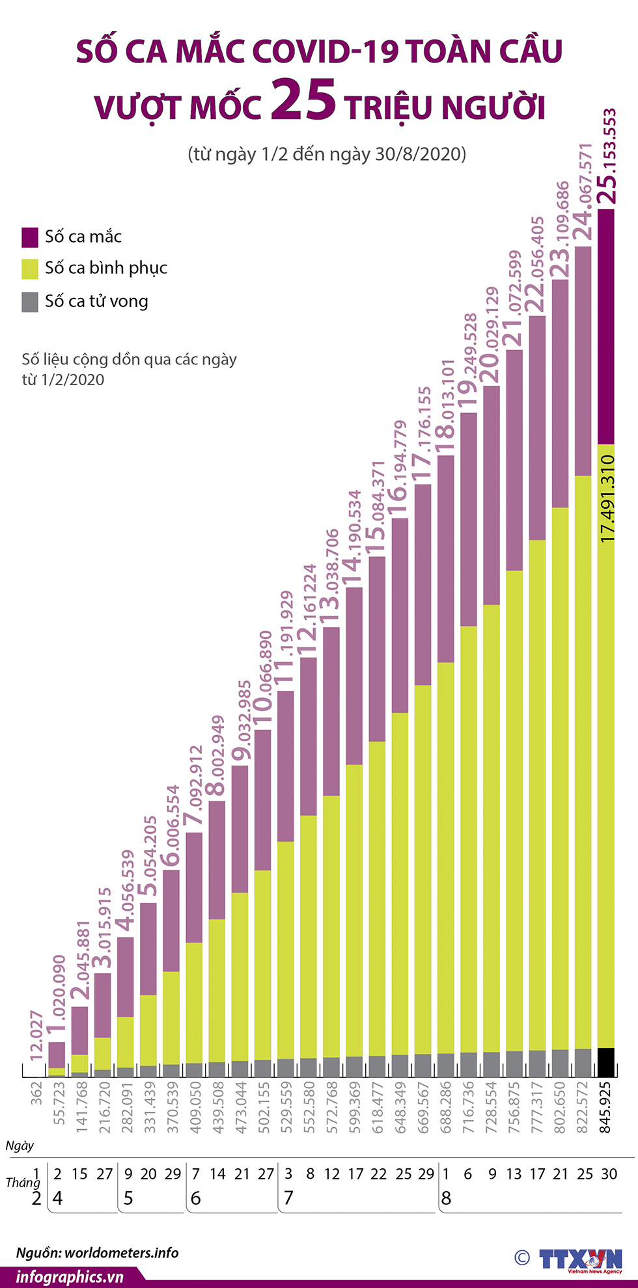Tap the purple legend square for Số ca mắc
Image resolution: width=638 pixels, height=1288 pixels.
pos(30,237)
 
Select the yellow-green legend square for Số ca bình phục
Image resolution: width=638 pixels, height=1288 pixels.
pos(30,269)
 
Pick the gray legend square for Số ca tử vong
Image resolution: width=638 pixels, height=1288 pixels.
pos(30,302)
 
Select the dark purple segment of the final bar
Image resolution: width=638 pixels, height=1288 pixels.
pos(606,325)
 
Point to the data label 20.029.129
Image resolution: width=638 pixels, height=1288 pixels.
pos(492,335)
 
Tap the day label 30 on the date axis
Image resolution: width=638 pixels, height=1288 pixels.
pos(609,1174)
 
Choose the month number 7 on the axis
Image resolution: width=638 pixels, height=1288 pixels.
pos(288,1198)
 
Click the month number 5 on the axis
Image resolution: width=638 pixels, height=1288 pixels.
pos(128,1198)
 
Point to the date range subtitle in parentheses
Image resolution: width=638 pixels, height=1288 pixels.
pos(327,154)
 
